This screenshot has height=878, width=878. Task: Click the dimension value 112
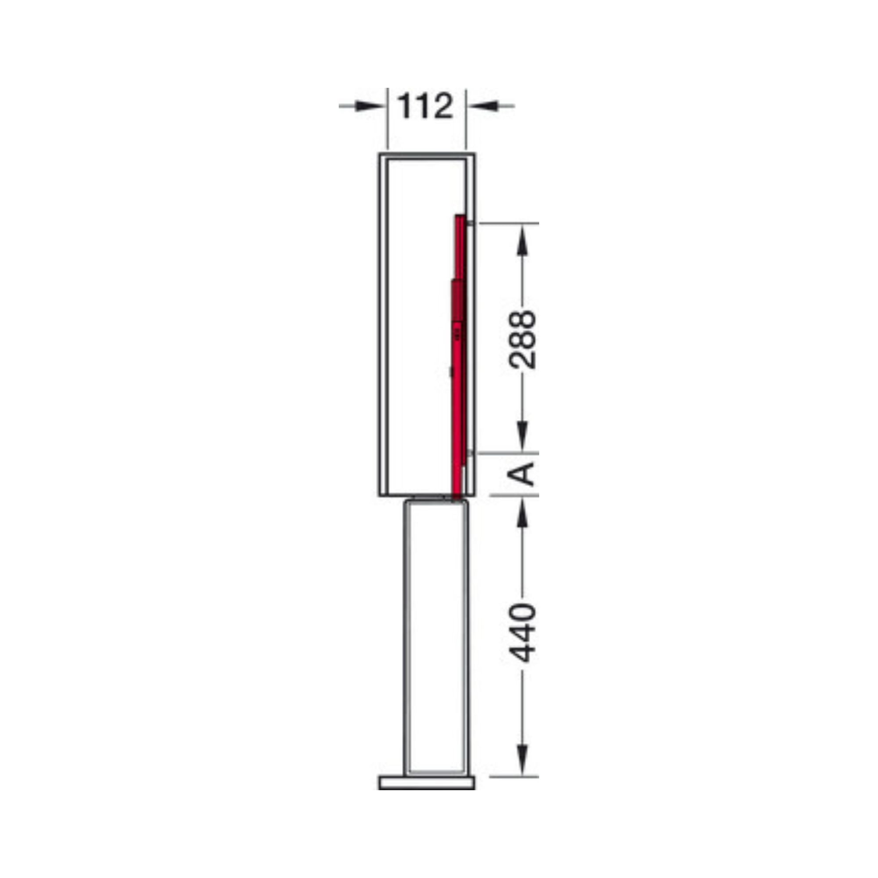[x=426, y=106]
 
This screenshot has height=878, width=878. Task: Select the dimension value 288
[x=522, y=339]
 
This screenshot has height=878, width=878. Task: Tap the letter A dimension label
[x=521, y=474]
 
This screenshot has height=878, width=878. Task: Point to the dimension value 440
[x=522, y=633]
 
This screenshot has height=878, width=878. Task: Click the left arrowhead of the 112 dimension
[x=370, y=106]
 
